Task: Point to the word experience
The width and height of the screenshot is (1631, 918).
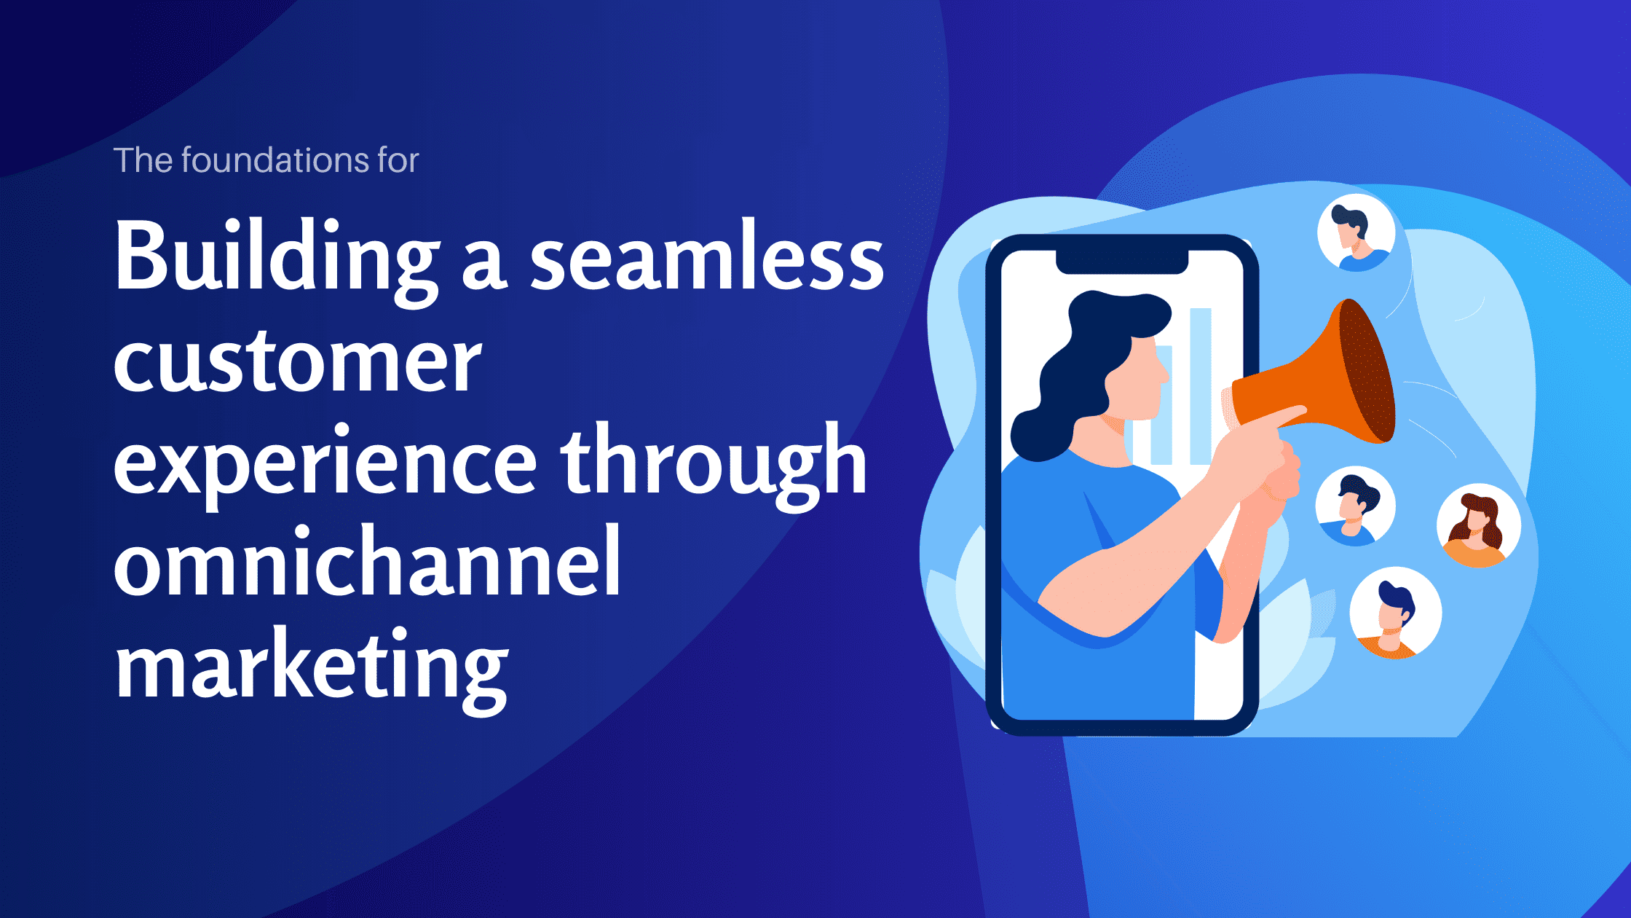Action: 325,466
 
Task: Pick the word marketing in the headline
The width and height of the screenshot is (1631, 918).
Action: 312,667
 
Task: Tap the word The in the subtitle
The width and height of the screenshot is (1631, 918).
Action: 143,160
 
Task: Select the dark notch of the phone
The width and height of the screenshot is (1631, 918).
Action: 1122,262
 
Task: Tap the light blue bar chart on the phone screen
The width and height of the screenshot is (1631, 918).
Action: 1198,386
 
